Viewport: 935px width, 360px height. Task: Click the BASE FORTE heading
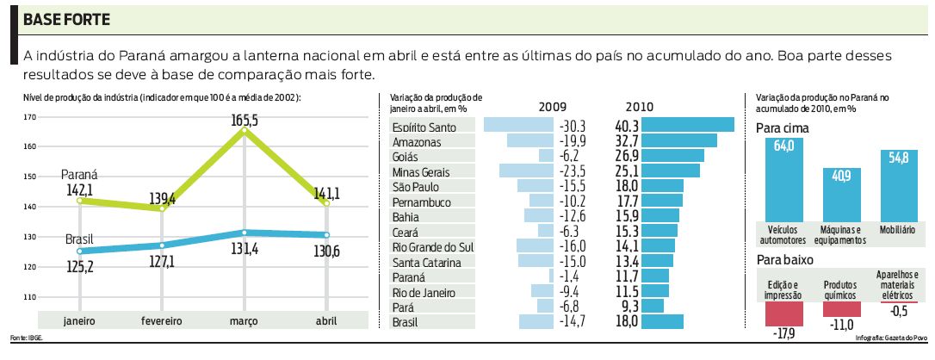point(65,19)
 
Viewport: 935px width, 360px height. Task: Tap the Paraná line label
point(80,174)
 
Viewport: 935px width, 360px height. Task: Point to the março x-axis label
point(245,321)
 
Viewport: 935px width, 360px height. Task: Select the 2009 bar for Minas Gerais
point(526,171)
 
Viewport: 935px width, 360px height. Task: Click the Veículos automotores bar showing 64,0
point(783,181)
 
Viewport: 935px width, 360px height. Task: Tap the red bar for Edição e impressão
point(783,314)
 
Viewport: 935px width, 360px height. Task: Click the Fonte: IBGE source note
point(26,338)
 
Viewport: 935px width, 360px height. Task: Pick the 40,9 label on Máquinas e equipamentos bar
point(841,176)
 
